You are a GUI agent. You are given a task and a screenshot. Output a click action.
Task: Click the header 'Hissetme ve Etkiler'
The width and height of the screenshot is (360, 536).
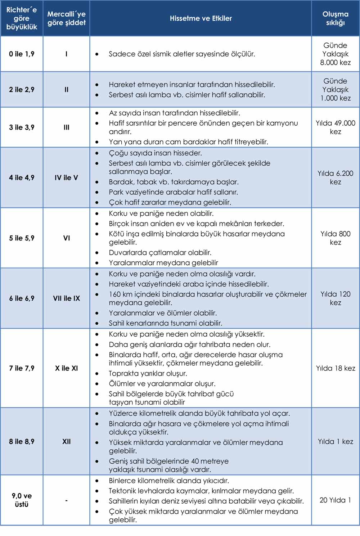tap(201, 18)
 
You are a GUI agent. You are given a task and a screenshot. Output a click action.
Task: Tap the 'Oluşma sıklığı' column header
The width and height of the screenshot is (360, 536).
tap(335, 18)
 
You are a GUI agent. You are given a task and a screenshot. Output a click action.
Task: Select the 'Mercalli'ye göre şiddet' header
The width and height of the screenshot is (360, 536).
tap(67, 18)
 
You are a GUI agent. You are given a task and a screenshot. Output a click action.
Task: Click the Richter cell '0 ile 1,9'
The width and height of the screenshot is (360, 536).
tap(22, 54)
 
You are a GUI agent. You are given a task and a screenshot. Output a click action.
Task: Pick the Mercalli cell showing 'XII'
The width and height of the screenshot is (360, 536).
tap(66, 441)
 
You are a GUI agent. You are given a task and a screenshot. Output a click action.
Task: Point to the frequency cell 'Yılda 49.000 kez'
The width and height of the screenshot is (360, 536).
tap(335, 127)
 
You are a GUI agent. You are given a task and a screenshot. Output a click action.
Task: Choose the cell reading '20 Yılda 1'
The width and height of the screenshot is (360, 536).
tap(335, 500)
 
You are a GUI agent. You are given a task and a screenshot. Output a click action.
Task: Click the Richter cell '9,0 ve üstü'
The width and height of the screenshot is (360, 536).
tap(22, 500)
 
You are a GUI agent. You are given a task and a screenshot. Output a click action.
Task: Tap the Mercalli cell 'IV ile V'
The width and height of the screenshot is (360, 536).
tap(66, 177)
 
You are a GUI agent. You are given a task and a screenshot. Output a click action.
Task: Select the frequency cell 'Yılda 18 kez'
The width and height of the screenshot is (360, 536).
tap(335, 368)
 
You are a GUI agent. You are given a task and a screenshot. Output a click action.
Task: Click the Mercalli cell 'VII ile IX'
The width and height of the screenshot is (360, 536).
tap(66, 298)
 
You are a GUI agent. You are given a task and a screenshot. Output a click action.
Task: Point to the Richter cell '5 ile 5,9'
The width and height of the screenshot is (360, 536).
tap(22, 238)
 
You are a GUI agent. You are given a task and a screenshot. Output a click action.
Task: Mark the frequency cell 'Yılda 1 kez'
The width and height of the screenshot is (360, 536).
tap(335, 441)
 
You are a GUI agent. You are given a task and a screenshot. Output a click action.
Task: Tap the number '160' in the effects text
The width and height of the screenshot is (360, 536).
tap(116, 294)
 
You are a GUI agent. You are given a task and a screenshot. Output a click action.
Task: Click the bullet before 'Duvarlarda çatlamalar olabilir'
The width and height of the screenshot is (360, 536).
tap(97, 253)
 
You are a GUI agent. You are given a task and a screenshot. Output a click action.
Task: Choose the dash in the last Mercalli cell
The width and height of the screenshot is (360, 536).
tap(66, 500)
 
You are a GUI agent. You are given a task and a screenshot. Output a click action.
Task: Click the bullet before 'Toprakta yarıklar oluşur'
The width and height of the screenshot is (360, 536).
tap(97, 374)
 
